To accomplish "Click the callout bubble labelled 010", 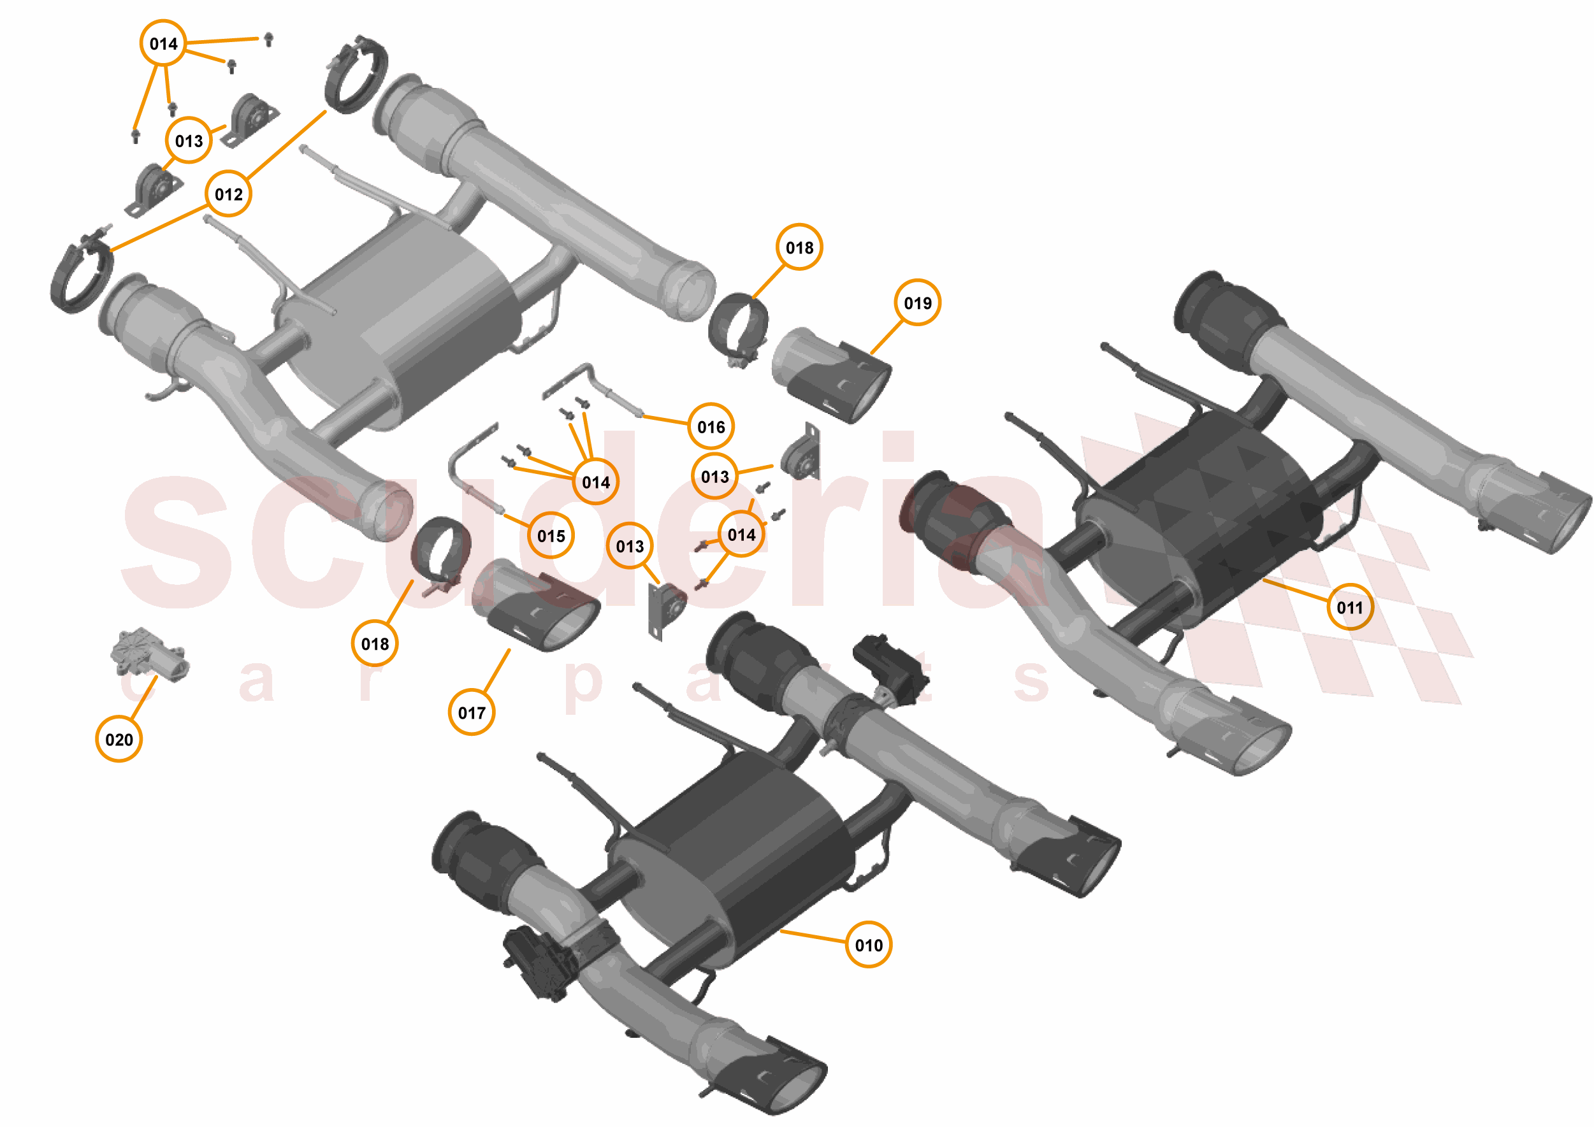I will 868,945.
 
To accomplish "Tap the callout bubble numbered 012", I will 228,194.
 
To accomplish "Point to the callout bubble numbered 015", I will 551,535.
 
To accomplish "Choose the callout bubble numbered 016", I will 711,426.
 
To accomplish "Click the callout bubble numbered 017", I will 472,712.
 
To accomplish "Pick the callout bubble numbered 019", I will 917,303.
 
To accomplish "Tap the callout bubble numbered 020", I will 119,739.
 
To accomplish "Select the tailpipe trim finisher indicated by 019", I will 833,375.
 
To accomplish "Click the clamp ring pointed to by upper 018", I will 738,327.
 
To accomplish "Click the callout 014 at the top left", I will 163,43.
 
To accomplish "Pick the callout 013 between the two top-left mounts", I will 189,140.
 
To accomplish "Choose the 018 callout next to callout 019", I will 799,247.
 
